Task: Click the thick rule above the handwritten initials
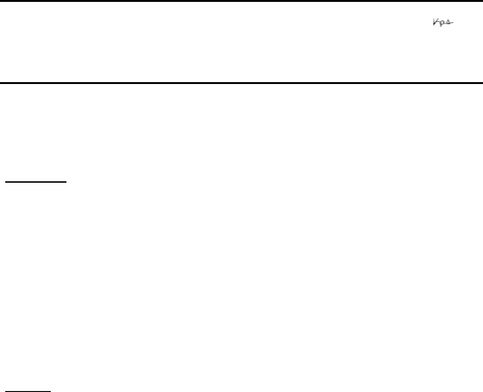pyautogui.click(x=241, y=1)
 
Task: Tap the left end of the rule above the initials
pyautogui.click(x=1, y=1)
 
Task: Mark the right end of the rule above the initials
pyautogui.click(x=482, y=1)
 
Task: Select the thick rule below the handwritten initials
pyautogui.click(x=241, y=84)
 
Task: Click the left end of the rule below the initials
pyautogui.click(x=1, y=84)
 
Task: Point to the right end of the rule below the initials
pyautogui.click(x=482, y=84)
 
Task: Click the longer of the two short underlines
pyautogui.click(x=37, y=181)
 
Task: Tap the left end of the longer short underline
pyautogui.click(x=5, y=181)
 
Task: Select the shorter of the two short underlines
pyautogui.click(x=28, y=391)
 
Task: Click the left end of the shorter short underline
pyautogui.click(x=5, y=391)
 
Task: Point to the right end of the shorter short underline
pyautogui.click(x=50, y=391)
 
